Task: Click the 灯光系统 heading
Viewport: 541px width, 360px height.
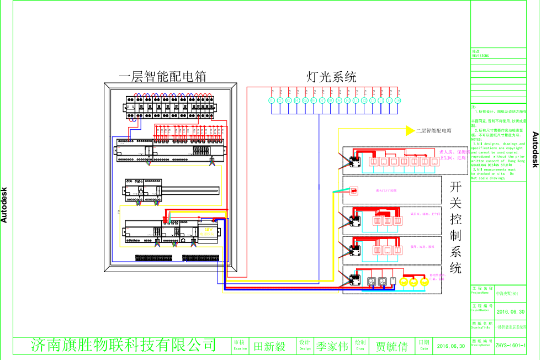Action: [331, 77]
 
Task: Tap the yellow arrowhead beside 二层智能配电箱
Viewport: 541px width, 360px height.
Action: [410, 130]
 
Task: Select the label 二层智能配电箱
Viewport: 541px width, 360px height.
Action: [434, 131]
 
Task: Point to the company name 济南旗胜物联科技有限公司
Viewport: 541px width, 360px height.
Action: [123, 346]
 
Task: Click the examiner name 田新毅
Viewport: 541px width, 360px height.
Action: [269, 347]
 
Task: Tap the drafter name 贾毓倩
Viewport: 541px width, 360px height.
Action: [391, 347]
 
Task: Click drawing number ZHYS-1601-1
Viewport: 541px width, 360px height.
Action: [510, 346]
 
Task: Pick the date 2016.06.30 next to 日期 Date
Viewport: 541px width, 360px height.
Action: [451, 347]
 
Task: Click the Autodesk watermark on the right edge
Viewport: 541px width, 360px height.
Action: [534, 149]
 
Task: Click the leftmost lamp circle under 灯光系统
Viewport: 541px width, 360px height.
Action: [271, 100]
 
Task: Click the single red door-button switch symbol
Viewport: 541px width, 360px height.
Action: [354, 192]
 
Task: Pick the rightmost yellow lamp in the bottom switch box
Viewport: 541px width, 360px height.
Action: [424, 282]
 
